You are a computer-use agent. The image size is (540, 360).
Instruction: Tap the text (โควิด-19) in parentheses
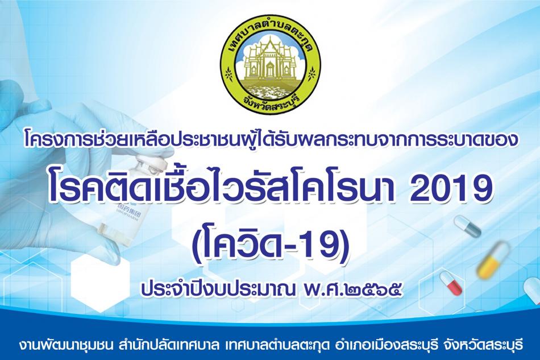[271, 242]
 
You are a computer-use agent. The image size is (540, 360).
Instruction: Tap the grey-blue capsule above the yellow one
[467, 226]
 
